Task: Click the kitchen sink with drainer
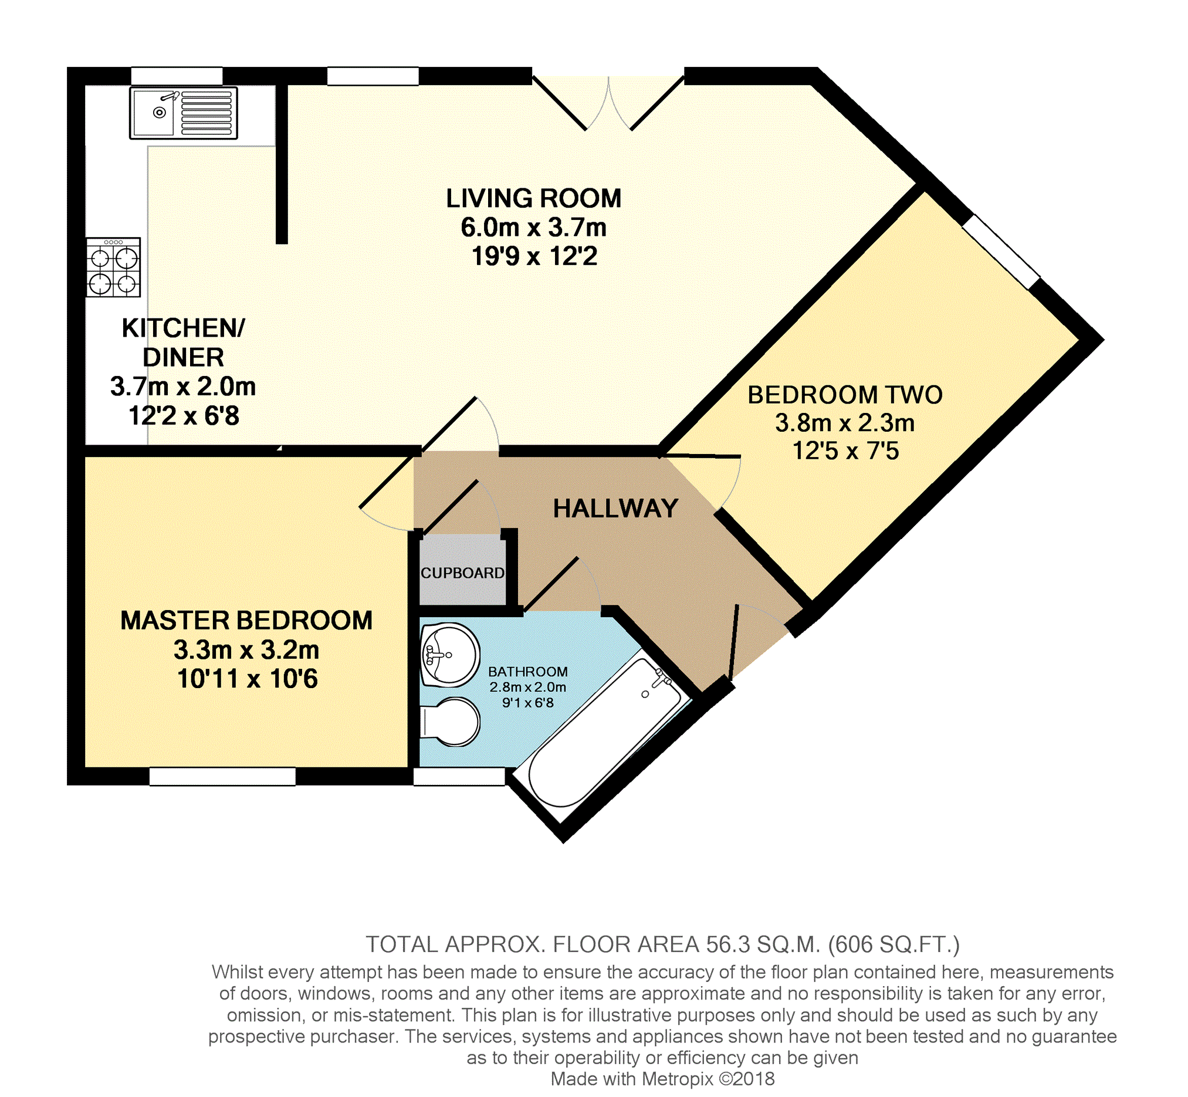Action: (184, 113)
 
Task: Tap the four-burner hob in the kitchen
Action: (113, 267)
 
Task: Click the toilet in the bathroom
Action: (450, 720)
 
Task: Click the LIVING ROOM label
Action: (534, 198)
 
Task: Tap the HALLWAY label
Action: (615, 509)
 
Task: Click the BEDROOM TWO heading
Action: (845, 395)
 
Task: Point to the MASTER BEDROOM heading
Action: (246, 621)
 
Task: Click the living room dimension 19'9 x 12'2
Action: (534, 256)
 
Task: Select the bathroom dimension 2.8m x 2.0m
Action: (528, 687)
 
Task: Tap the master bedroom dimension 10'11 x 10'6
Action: (248, 679)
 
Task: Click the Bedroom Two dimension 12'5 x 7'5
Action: (845, 451)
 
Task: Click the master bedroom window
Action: (222, 777)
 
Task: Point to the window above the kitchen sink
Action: (177, 76)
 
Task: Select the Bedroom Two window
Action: (1001, 252)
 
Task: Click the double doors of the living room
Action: (608, 104)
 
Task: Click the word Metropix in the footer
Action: (674, 1079)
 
